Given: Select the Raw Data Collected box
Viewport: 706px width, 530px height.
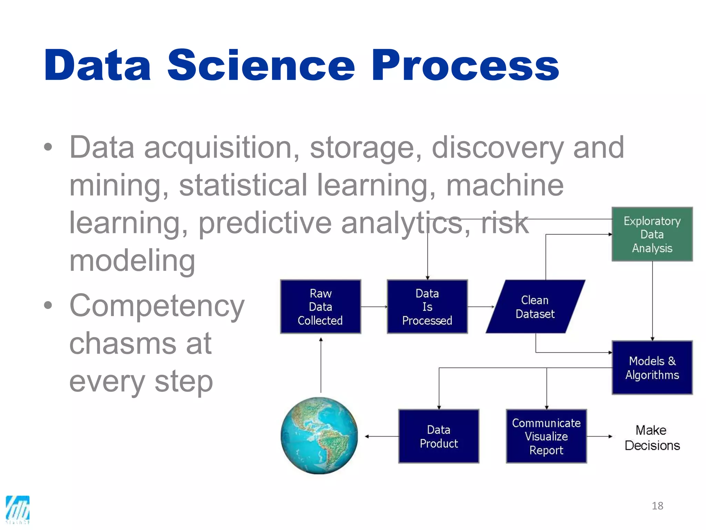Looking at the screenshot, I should point(320,307).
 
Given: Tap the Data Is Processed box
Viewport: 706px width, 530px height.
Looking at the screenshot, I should point(427,307).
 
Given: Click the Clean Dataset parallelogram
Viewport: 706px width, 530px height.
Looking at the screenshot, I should point(535,307).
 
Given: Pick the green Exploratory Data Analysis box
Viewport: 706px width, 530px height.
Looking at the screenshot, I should point(652,234).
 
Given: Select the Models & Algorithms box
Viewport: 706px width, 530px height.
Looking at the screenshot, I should point(652,367).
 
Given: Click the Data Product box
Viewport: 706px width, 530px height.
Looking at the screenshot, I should point(438,436).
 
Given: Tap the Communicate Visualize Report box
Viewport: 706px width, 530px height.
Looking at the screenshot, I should point(546,436).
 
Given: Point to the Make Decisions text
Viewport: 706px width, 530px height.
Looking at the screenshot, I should point(652,438).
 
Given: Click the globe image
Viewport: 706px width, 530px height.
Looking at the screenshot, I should point(319,435).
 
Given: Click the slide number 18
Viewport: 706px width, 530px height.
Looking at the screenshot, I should point(657,506).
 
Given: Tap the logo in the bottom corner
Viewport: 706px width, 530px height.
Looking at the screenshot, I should point(18,509).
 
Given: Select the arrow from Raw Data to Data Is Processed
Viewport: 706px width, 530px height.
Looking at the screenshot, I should point(374,307).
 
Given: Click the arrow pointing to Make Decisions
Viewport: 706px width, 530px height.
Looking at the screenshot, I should point(599,436).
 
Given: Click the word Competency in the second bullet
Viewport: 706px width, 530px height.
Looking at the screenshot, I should point(157,306).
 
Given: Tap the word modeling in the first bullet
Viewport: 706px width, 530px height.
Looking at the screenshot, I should point(132,261).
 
